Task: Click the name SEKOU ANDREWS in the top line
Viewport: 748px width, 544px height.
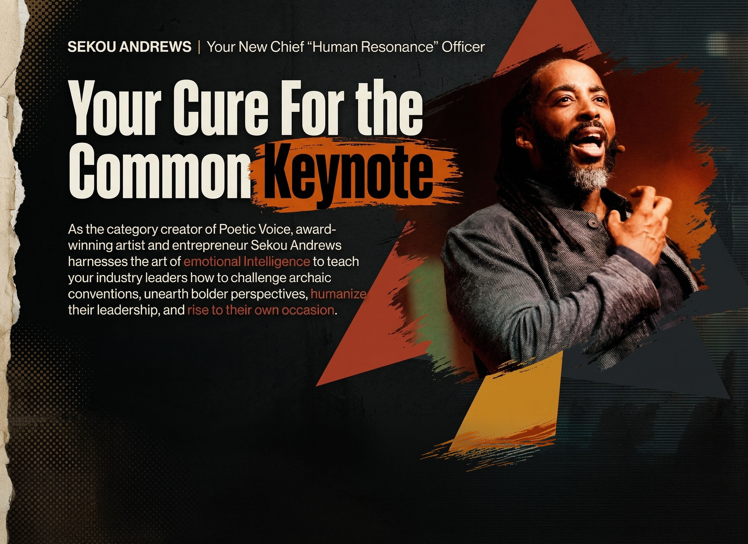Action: tap(129, 47)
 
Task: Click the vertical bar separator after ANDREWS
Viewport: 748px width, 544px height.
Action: tap(199, 47)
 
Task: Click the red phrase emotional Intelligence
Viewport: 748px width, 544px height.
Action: tap(246, 261)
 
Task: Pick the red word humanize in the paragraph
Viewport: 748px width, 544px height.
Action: tap(338, 294)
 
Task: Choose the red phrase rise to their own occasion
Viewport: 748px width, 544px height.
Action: tap(261, 310)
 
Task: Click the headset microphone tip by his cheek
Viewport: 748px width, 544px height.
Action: tap(621, 149)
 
